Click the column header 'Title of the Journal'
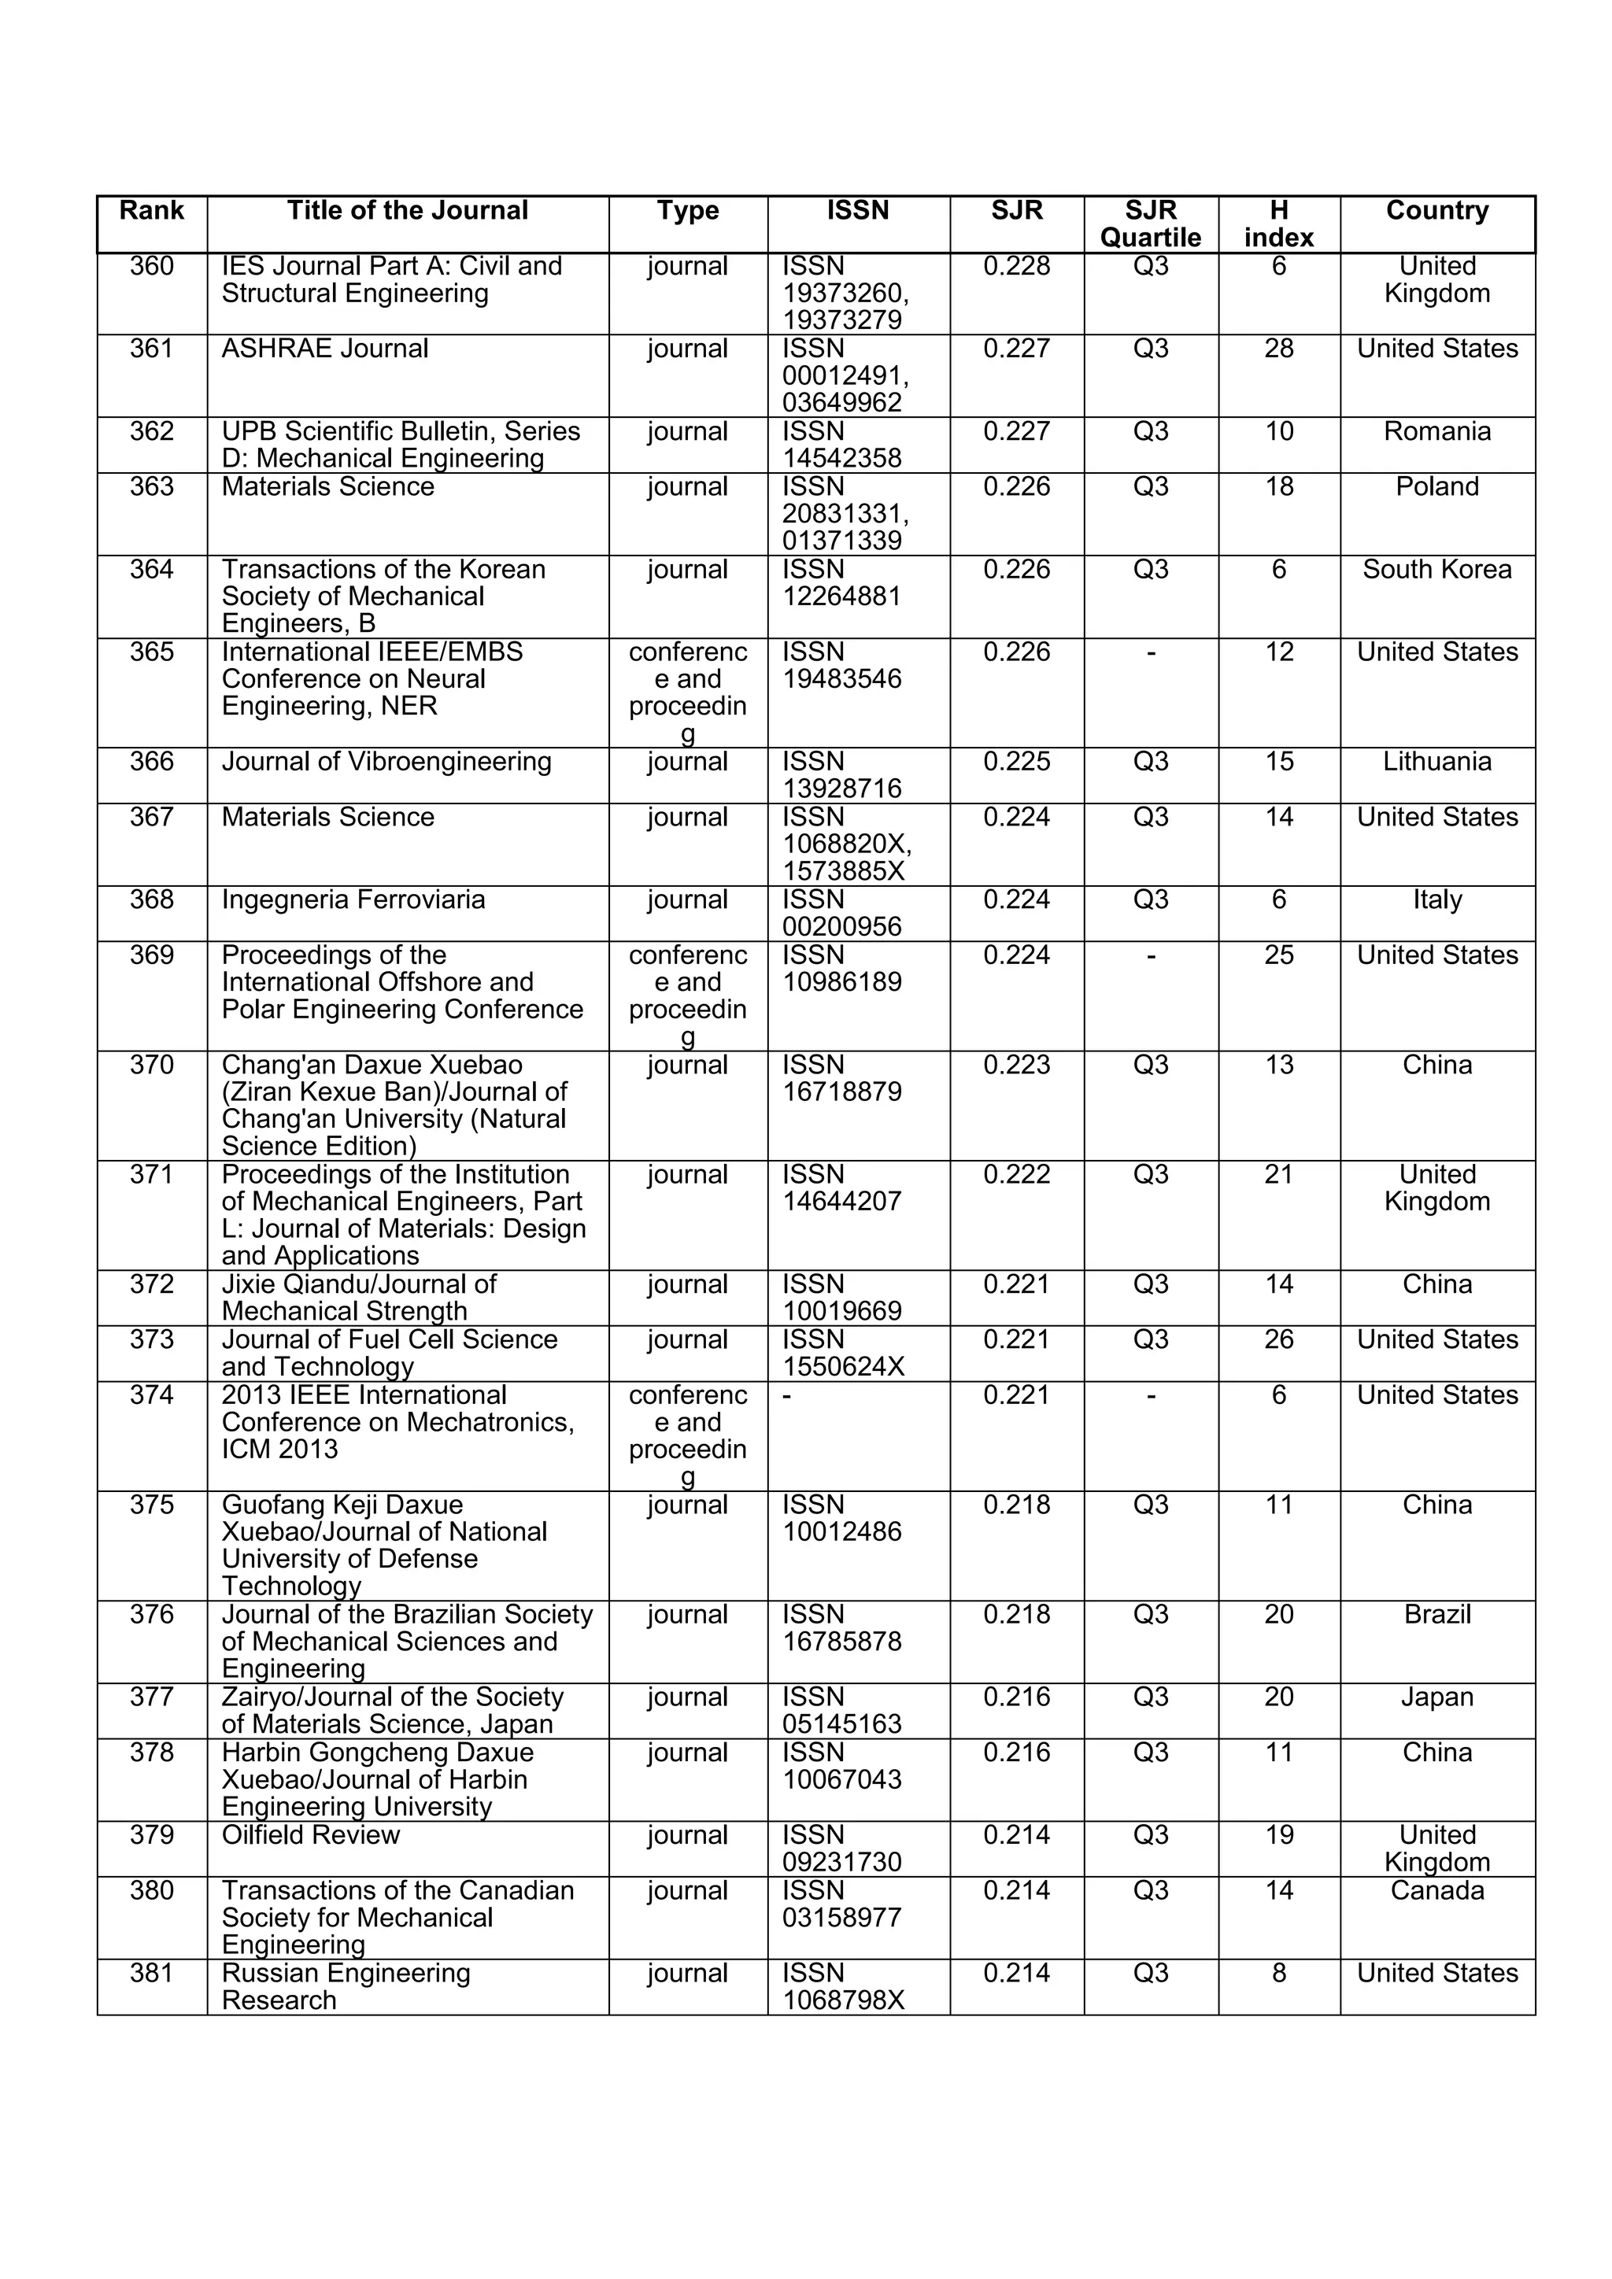tap(407, 210)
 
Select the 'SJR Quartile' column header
tap(1151, 224)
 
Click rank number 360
tap(152, 266)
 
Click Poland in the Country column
tap(1436, 486)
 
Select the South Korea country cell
tap(1436, 569)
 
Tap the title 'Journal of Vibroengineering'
tap(386, 761)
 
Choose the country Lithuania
tap(1436, 761)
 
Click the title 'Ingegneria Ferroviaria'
tap(353, 899)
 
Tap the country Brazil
tap(1436, 1614)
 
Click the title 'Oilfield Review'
tap(311, 1834)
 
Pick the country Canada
tap(1436, 1890)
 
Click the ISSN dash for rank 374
tap(787, 1395)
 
